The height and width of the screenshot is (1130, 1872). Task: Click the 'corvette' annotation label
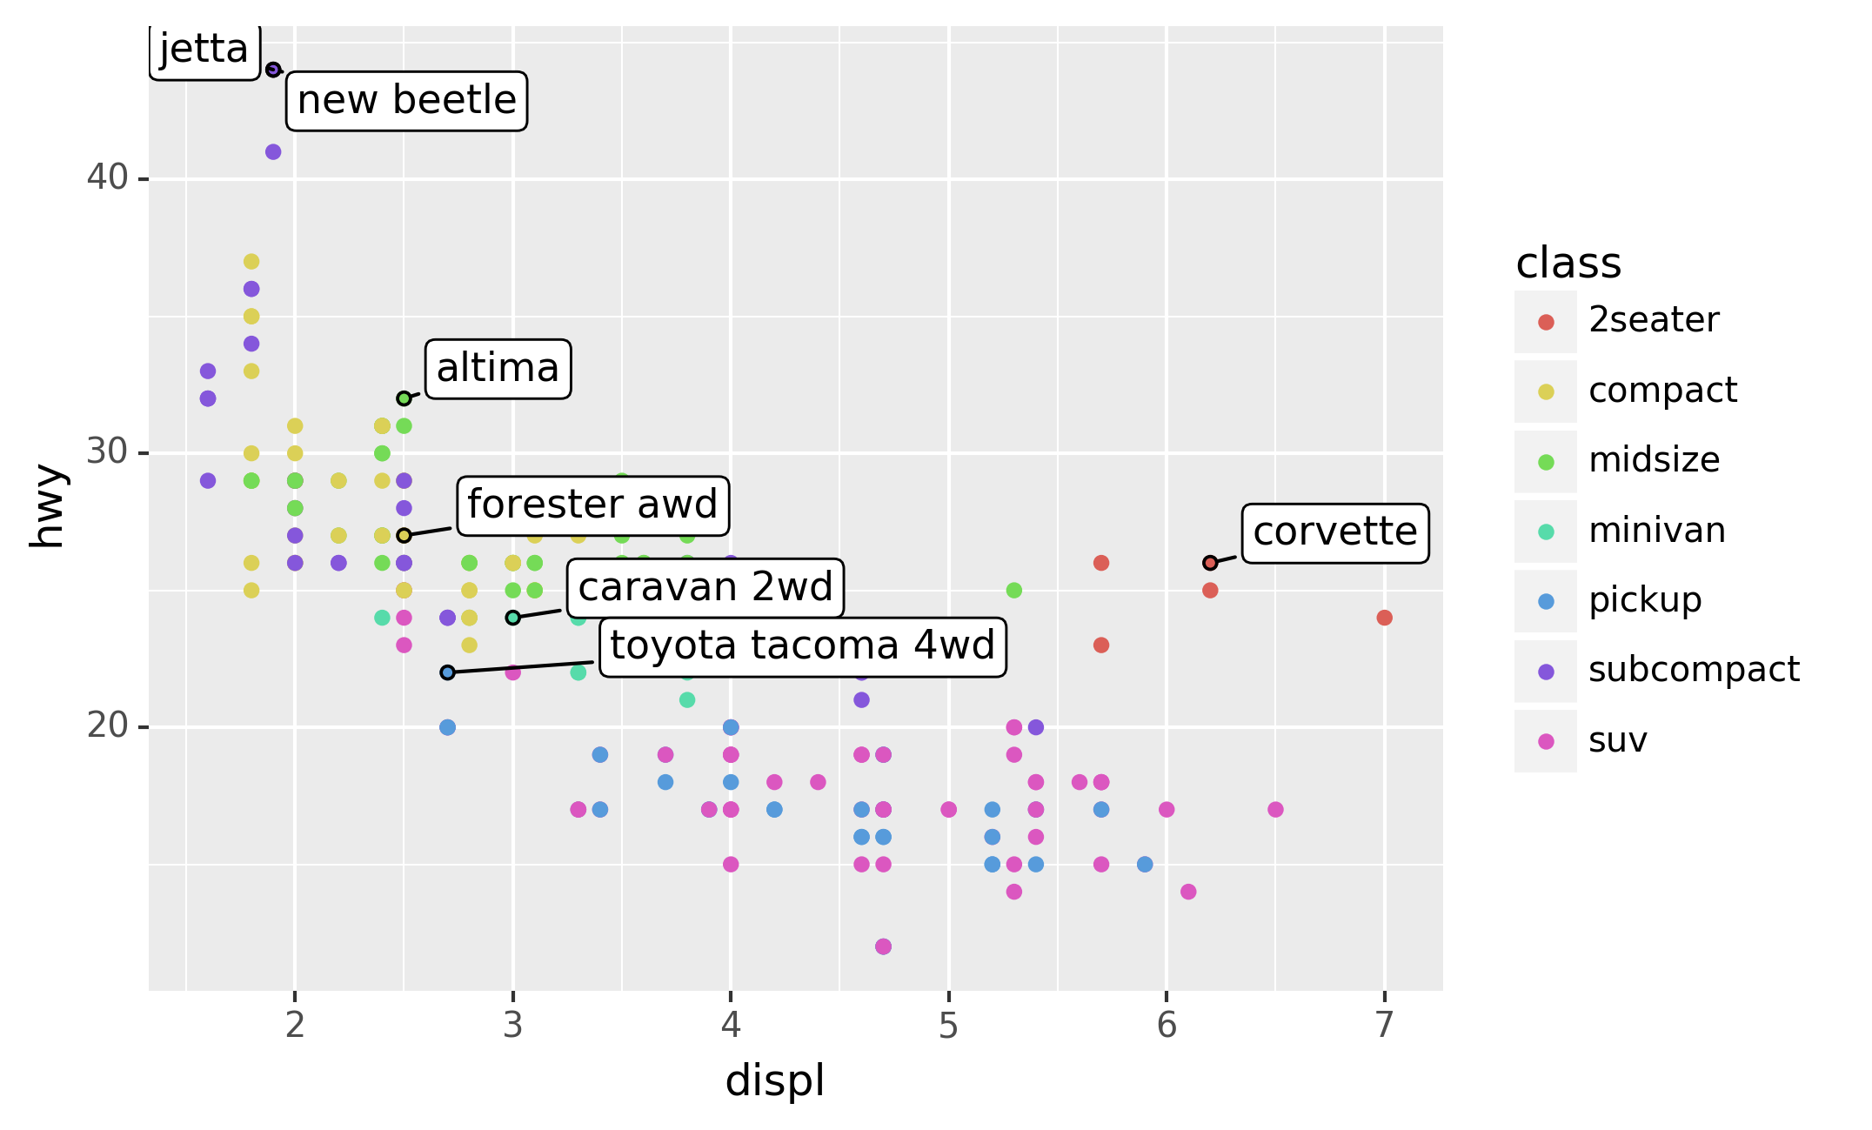pos(1334,532)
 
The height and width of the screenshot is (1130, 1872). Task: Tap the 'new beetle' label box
pos(406,101)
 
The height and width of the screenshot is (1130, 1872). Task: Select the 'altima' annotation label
pos(498,369)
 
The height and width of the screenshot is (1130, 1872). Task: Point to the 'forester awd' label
pos(592,505)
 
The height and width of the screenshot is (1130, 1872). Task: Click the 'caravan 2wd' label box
pos(705,588)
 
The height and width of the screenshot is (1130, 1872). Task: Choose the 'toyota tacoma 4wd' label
pos(802,646)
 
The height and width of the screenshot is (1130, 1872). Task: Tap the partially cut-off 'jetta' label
pos(204,50)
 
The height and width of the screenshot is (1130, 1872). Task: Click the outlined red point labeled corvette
pos(1210,563)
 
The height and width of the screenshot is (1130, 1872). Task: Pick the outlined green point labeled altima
pos(404,398)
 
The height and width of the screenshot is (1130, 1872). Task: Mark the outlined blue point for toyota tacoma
pos(447,672)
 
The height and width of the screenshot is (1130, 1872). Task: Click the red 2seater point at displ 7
pos(1385,618)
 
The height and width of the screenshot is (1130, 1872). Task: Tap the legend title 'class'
pos(1568,263)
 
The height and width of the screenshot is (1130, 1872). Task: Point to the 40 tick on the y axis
pos(107,178)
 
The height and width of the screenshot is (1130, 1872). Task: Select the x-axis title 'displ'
pos(774,1081)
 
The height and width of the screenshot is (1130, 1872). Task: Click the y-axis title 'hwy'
pos(47,506)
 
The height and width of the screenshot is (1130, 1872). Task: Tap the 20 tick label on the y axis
pos(107,725)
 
